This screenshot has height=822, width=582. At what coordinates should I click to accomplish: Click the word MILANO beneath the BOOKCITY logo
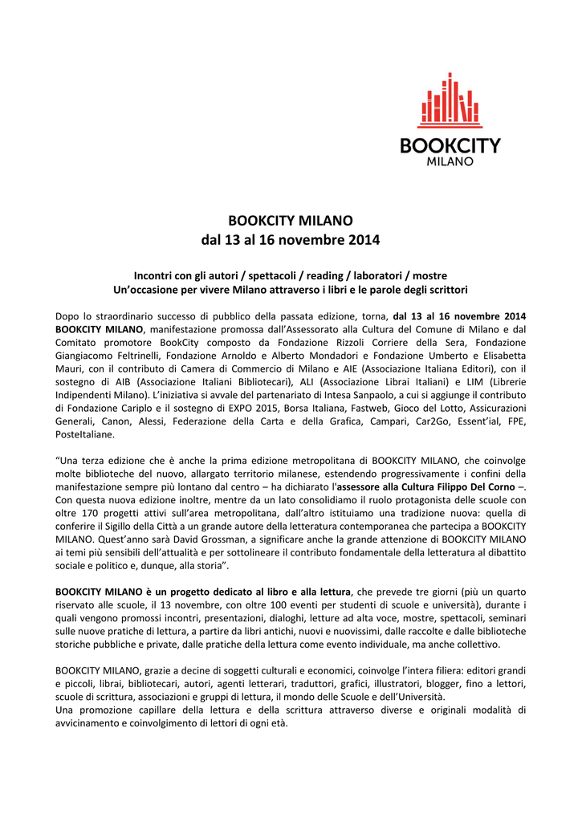(x=449, y=161)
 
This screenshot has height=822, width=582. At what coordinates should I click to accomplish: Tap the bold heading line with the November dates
(x=291, y=239)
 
